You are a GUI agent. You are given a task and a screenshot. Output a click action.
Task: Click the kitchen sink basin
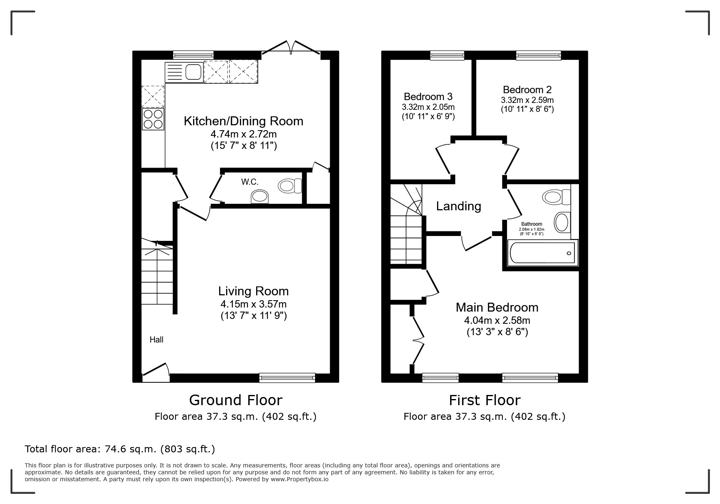(194, 72)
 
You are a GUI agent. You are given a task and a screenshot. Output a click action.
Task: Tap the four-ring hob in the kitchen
(153, 119)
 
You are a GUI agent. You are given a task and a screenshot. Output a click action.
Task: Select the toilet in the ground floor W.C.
(290, 186)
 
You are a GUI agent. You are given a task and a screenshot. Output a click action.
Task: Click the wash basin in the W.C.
(260, 197)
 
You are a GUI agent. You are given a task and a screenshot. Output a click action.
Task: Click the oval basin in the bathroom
(562, 222)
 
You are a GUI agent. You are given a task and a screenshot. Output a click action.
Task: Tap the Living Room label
(253, 291)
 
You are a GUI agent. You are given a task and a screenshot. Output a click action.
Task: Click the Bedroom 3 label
(428, 97)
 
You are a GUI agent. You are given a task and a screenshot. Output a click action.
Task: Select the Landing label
(459, 207)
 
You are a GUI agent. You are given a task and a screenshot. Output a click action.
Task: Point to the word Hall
(157, 340)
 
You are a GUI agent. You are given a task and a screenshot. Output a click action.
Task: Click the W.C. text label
(250, 182)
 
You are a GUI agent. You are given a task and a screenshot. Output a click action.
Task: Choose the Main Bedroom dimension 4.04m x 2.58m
(497, 321)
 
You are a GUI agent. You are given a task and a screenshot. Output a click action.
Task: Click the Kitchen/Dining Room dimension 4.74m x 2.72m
(244, 134)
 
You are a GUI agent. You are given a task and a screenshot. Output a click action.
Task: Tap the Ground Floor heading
(235, 400)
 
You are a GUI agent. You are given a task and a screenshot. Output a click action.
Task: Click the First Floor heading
(485, 400)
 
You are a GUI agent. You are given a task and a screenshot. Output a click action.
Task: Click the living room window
(287, 378)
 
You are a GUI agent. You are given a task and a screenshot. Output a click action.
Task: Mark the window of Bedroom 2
(539, 55)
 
